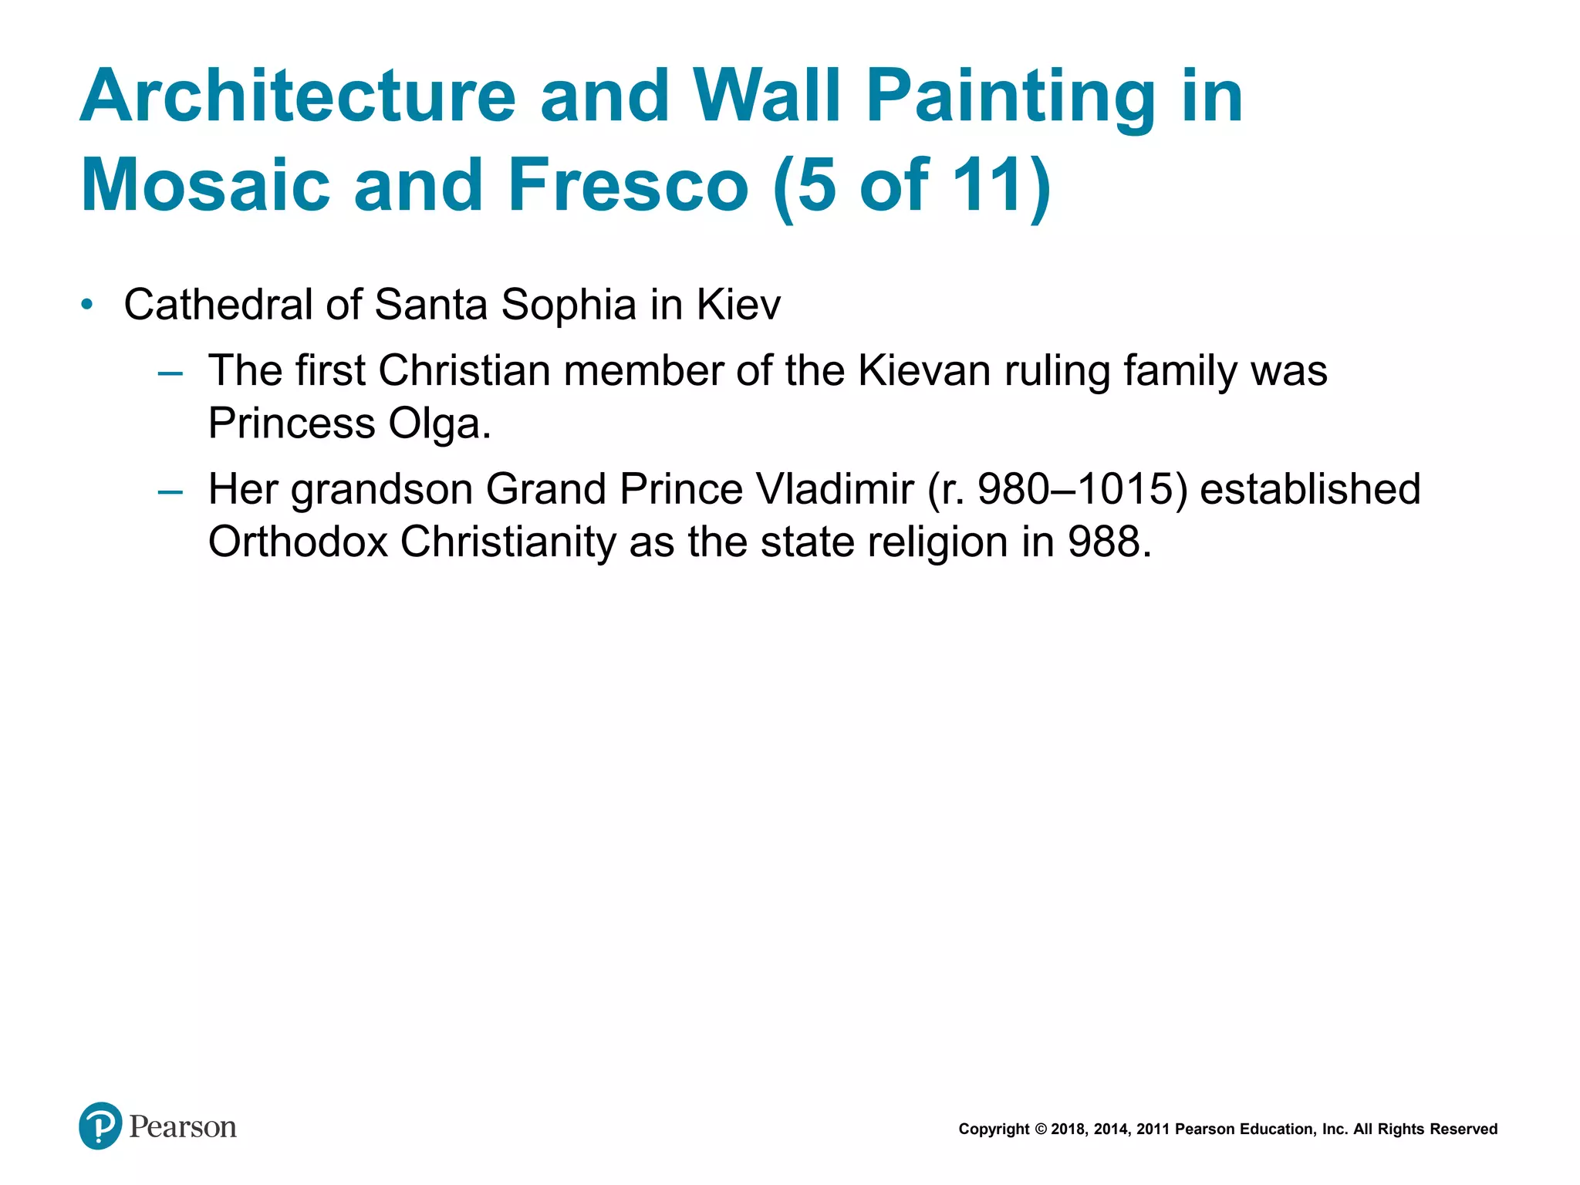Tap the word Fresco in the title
628,185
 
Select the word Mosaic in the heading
205,185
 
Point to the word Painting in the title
1010,97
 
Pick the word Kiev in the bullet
738,304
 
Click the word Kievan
924,370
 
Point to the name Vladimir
835,489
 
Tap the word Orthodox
298,542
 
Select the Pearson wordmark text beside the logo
183,1127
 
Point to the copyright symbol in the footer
1041,1129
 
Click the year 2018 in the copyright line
1068,1129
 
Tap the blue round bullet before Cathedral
87,304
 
